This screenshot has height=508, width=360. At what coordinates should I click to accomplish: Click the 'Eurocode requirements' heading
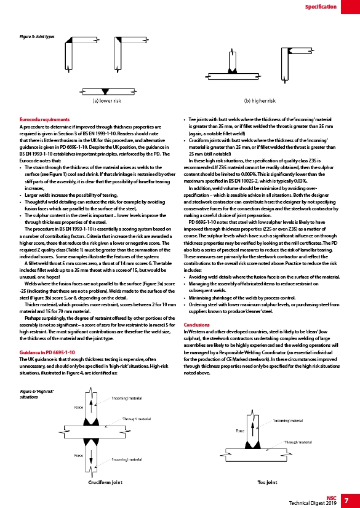(x=44, y=119)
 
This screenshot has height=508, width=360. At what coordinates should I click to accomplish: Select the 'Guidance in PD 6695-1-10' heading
(x=47, y=352)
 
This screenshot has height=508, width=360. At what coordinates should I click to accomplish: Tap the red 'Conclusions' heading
(x=197, y=325)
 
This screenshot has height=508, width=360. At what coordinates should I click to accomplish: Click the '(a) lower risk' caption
(x=107, y=101)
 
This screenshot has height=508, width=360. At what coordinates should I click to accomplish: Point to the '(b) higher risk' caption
(x=260, y=101)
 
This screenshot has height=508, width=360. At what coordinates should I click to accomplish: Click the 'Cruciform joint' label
(x=105, y=482)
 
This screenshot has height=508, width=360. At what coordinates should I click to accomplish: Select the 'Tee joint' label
(x=267, y=482)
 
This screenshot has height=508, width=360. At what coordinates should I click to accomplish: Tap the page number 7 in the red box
(x=346, y=500)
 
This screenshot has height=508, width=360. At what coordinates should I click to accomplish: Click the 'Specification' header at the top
(x=321, y=7)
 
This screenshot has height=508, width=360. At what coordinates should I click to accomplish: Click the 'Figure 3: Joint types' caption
(x=37, y=36)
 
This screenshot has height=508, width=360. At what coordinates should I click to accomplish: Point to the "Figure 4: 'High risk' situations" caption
(x=37, y=394)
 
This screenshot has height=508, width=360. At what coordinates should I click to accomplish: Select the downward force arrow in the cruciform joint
(x=91, y=455)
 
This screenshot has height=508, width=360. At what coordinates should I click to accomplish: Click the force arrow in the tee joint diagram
(x=252, y=430)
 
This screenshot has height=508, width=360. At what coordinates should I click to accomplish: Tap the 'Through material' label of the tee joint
(x=297, y=442)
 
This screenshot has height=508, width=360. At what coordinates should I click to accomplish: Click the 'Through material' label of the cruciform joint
(x=136, y=419)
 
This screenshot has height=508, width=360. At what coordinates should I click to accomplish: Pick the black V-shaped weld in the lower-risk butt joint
(x=105, y=92)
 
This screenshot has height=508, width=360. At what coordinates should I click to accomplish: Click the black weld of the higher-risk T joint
(x=233, y=70)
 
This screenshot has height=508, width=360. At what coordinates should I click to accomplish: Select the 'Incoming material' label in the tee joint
(x=288, y=421)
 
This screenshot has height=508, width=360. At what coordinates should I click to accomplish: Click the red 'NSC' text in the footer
(x=332, y=498)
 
